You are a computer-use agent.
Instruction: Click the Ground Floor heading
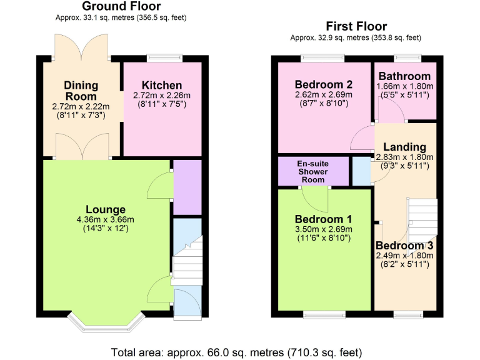(122, 7)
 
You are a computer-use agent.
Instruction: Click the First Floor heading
(356, 26)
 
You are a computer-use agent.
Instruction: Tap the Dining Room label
(81, 91)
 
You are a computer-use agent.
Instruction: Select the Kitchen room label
(162, 85)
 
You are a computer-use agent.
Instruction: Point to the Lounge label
(106, 209)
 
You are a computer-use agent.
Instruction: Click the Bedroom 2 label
(324, 84)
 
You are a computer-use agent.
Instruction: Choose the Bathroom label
(404, 76)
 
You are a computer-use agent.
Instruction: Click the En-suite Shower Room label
(312, 171)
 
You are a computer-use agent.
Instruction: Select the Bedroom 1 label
(323, 219)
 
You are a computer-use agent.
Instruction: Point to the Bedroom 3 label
(404, 245)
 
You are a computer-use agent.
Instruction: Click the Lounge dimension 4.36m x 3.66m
(106, 219)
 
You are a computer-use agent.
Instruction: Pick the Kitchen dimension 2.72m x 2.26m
(162, 96)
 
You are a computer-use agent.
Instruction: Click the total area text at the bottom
(236, 352)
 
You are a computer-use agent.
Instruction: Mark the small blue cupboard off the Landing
(361, 171)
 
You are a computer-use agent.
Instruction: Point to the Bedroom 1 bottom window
(324, 314)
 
